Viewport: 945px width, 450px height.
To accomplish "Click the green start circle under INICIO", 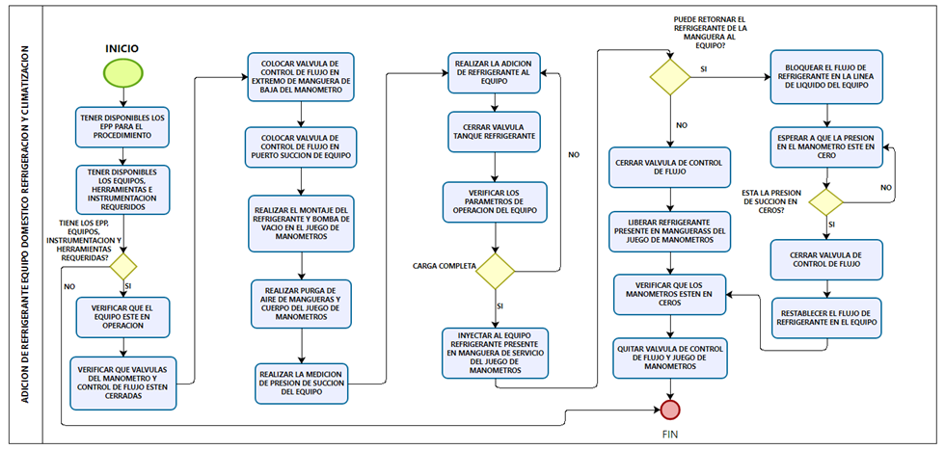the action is pos(123,71).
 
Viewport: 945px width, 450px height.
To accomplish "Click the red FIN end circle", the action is pos(670,410).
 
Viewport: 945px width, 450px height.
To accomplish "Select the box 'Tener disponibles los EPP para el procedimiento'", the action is pos(122,126).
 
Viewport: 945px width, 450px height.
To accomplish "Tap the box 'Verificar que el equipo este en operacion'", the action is pos(122,316).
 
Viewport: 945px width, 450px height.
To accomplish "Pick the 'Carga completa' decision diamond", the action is pos(496,271).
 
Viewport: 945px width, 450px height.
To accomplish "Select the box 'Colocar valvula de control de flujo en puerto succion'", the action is pos(300,146).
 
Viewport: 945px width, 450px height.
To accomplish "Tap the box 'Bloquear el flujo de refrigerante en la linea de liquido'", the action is pos(827,76).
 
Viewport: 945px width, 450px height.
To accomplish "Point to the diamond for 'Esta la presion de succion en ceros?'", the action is pos(825,202).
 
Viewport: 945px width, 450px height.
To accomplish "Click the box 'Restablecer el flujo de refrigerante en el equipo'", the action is pos(827,317).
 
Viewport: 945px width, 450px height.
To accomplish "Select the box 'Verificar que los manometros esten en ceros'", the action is pos(670,294).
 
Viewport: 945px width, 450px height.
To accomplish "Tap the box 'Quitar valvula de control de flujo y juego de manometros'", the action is pos(670,357).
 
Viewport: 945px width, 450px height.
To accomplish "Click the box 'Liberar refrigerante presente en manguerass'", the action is pos(670,230).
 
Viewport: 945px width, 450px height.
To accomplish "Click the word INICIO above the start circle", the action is pos(122,47).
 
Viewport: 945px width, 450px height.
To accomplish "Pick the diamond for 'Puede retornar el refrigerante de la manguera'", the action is pos(670,76).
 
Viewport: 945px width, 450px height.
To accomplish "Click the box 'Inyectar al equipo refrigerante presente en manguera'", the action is pos(496,353).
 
